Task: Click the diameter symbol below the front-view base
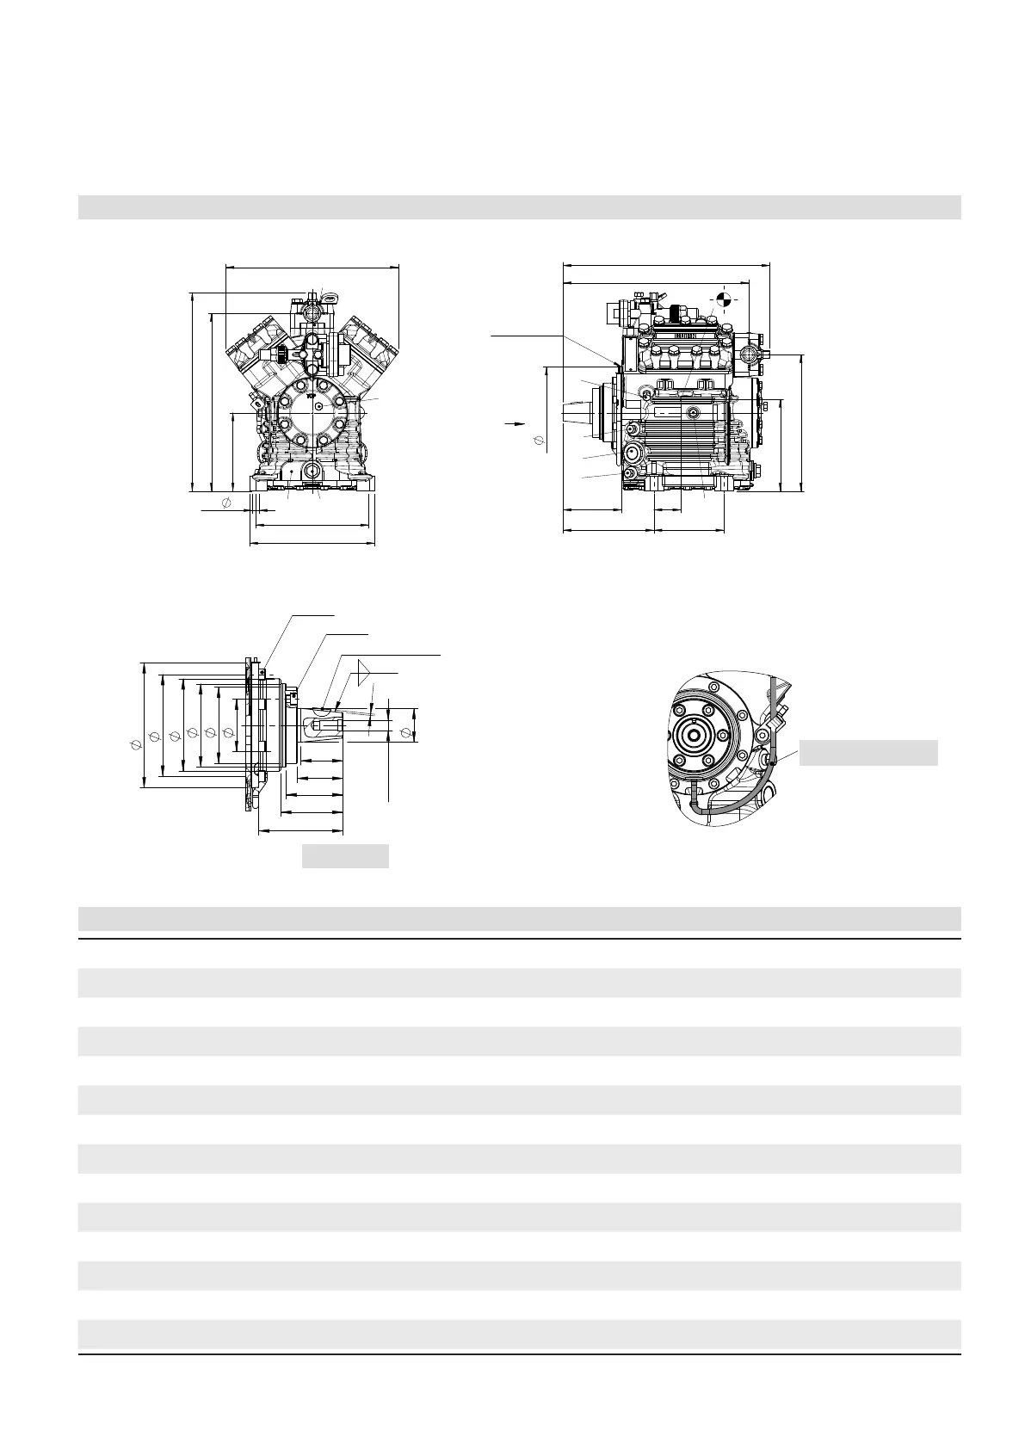(225, 503)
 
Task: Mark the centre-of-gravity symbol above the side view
(725, 299)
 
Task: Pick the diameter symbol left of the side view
(540, 441)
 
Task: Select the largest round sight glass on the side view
(633, 451)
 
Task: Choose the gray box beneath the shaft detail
(345, 856)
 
